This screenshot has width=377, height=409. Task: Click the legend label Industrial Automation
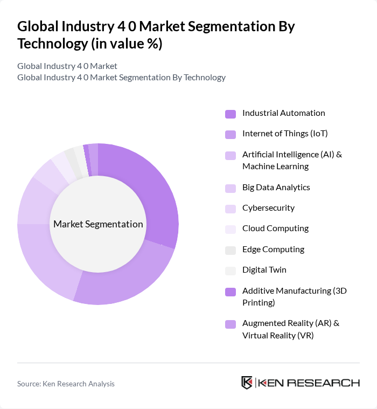[x=283, y=113]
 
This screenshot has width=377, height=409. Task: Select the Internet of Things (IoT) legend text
[x=285, y=134]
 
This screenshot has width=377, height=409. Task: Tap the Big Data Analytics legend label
[x=276, y=188]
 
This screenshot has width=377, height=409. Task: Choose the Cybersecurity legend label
[x=268, y=208]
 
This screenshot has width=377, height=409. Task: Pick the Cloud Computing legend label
[x=275, y=228]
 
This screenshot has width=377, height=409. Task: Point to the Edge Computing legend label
[x=273, y=249]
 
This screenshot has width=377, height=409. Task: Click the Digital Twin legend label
[x=264, y=270]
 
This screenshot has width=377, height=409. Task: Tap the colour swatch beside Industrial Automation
[x=231, y=114]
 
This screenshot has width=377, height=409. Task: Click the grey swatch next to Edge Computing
[x=231, y=250]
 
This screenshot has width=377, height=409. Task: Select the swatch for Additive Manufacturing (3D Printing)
[x=231, y=292]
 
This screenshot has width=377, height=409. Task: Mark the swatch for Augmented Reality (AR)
[x=231, y=324]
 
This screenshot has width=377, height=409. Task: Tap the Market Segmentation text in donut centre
[x=98, y=224]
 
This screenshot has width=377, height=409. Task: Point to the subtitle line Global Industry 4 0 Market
[x=67, y=66]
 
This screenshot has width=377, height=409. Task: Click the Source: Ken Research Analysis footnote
[x=66, y=384]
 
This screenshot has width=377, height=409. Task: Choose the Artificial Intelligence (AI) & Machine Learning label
[x=292, y=161]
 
